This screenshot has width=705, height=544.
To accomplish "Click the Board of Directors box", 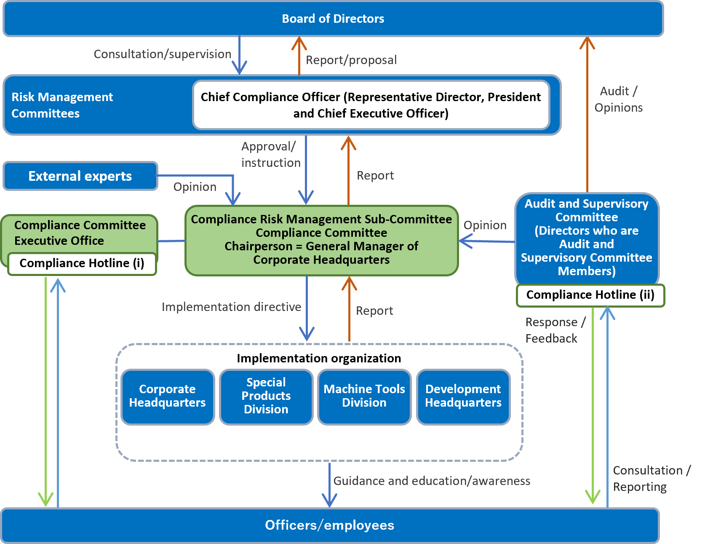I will point(333,19).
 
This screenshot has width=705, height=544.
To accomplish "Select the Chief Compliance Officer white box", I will point(371,105).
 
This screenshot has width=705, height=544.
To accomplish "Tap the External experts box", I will point(80,176).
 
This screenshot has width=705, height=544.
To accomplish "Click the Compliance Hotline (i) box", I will point(82,263).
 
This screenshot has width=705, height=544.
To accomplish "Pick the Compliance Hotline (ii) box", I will point(590,295).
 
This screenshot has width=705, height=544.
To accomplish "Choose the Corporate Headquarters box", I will point(167,396).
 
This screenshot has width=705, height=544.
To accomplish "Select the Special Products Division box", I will point(266,396).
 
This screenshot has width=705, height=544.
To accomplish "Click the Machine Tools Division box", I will point(364,396).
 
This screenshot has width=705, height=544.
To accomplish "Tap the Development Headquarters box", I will point(463,396).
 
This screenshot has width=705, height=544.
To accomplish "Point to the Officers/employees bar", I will point(329,525).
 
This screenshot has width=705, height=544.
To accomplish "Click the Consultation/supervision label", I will point(162,54).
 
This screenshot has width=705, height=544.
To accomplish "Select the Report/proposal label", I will point(351,60).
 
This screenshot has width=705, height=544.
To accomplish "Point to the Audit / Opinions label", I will point(618,99).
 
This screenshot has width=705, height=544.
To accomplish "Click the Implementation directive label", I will point(231,307).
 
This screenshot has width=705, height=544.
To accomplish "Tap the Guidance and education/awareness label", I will point(432,481).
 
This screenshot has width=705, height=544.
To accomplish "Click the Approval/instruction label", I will point(270,155).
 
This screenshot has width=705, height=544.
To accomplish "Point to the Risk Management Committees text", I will point(62,105).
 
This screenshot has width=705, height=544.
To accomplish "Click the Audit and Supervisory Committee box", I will point(586,237).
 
